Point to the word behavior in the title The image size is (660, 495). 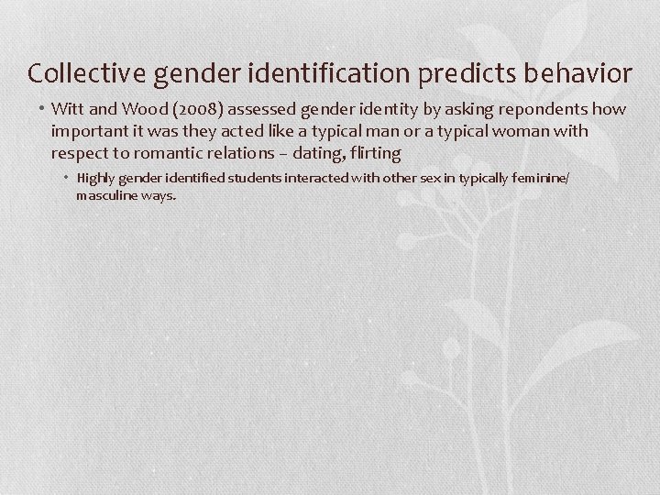579,72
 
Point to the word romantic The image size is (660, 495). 170,152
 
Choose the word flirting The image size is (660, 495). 372,152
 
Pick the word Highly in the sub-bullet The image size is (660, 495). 94,178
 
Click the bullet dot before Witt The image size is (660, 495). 42,110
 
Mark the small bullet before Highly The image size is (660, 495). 68,178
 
